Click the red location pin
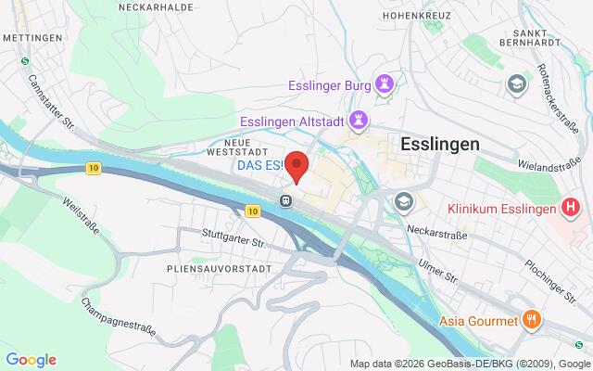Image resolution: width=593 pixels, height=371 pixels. click(x=296, y=166)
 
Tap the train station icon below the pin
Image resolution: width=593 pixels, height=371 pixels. click(x=287, y=199)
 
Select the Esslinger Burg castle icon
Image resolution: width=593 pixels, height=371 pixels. click(x=385, y=83)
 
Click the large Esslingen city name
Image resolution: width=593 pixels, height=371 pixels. click(x=440, y=144)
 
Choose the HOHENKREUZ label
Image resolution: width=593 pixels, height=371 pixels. click(x=418, y=16)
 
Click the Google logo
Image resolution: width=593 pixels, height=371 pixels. click(x=31, y=360)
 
